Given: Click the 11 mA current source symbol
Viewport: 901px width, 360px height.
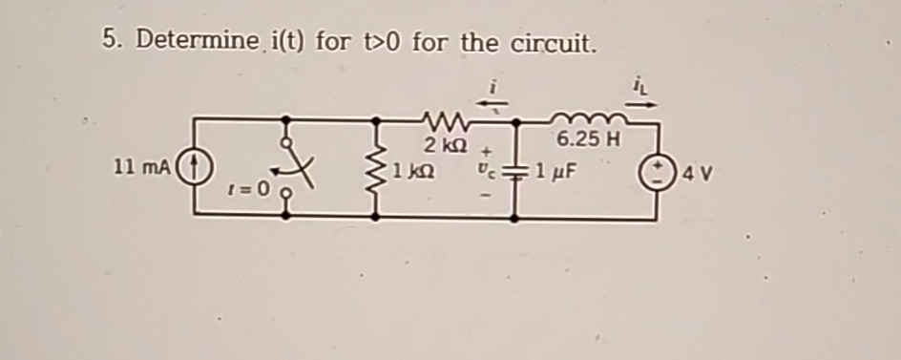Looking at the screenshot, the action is [x=193, y=167].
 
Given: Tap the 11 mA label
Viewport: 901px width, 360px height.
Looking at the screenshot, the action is [x=142, y=167].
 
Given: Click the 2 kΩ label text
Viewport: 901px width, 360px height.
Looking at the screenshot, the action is [x=442, y=146].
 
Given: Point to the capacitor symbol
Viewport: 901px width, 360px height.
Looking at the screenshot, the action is [x=516, y=174].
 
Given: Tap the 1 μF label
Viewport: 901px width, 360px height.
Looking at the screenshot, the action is [x=556, y=174].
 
